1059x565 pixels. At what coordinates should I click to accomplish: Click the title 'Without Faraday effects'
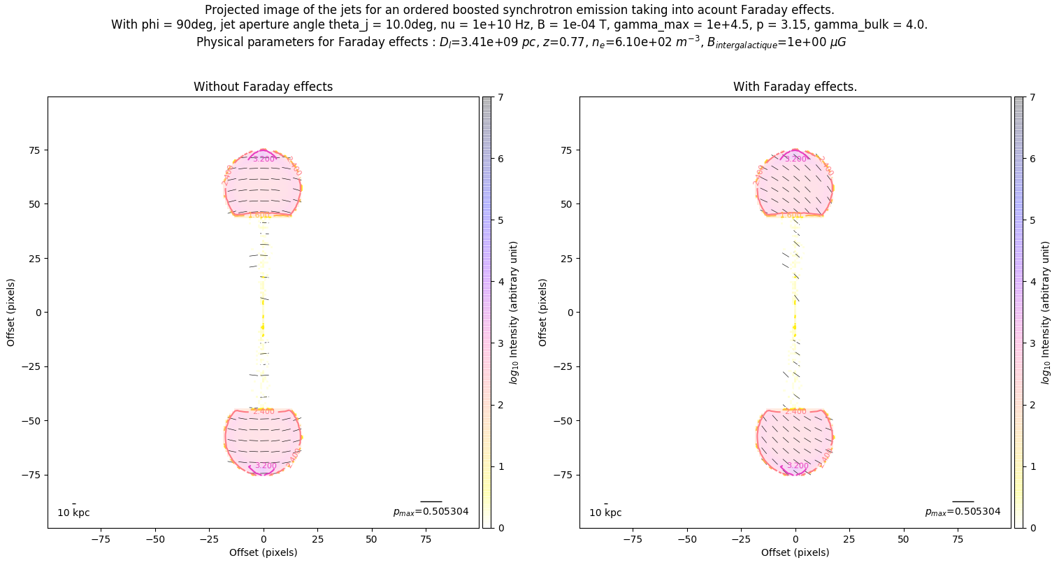(x=263, y=87)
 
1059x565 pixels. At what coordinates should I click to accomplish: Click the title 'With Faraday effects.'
(x=795, y=87)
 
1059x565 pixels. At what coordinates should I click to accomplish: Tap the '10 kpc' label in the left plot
(x=73, y=513)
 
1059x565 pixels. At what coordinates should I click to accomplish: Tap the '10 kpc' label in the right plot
(x=605, y=513)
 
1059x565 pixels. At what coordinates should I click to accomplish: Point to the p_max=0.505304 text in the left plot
(x=431, y=512)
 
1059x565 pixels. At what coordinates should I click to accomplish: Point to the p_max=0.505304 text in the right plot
(x=963, y=512)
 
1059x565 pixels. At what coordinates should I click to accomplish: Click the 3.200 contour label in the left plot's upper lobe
(x=264, y=159)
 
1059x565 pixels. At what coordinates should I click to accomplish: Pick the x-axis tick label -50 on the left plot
(x=155, y=539)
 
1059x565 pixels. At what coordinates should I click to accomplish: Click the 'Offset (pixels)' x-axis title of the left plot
(x=263, y=552)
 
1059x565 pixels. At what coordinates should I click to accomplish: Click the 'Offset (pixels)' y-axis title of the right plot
(x=543, y=313)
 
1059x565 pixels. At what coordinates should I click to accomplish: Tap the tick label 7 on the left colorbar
(x=500, y=98)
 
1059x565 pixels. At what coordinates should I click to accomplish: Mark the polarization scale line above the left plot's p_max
(x=431, y=501)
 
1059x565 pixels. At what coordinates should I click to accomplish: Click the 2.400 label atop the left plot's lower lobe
(x=264, y=411)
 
